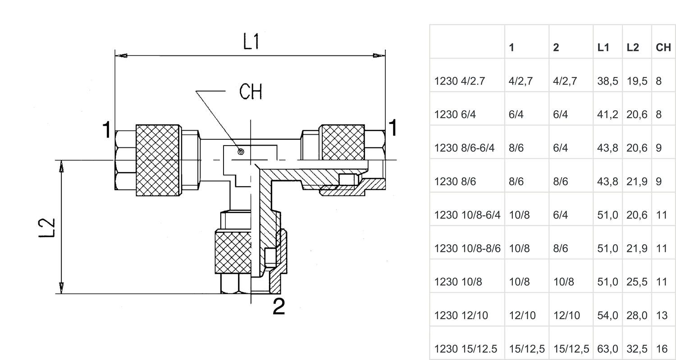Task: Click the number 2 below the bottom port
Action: point(279,307)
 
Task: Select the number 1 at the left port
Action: point(106,130)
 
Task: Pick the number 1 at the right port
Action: point(393,128)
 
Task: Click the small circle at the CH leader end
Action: point(241,152)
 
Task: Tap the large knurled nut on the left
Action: point(158,159)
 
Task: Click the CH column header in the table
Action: point(663,47)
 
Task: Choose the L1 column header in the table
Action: point(603,47)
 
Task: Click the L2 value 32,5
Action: point(637,349)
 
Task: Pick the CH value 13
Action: point(661,315)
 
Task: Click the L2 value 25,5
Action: point(637,282)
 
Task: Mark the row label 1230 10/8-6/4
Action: point(467,215)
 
